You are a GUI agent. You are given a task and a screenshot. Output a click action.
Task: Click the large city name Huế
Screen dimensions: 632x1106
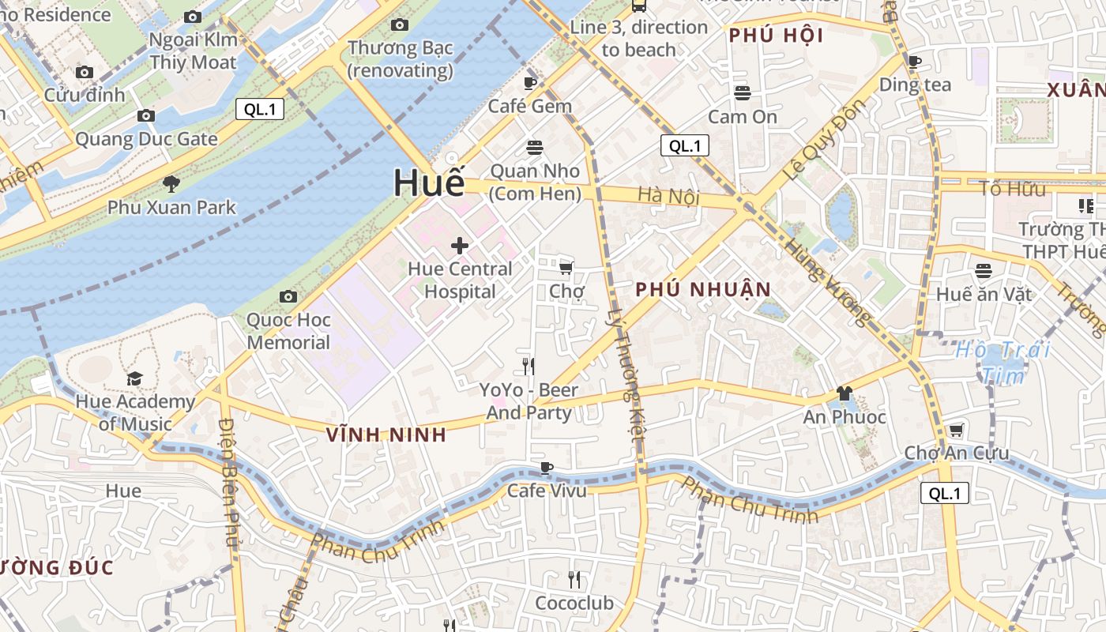[429, 182]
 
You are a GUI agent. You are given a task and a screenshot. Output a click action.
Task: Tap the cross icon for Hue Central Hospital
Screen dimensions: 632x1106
[460, 246]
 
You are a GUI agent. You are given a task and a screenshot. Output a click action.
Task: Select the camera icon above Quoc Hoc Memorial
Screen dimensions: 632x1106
[288, 297]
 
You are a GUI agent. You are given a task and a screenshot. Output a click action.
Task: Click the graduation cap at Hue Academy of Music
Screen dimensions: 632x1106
[134, 378]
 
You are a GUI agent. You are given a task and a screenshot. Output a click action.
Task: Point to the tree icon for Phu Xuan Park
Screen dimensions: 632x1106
[171, 185]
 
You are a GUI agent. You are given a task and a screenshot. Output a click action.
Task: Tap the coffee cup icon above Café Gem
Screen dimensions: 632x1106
[530, 82]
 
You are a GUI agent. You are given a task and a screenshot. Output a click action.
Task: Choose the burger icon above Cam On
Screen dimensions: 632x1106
[742, 93]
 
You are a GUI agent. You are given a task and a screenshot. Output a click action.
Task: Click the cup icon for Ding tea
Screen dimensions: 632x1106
[915, 62]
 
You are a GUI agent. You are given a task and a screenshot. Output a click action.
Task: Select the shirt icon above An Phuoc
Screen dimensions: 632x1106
[844, 393]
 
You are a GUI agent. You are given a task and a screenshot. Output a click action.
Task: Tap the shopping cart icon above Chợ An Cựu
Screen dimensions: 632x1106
[956, 430]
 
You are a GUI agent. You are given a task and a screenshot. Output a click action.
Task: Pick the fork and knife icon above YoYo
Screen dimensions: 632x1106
[529, 366]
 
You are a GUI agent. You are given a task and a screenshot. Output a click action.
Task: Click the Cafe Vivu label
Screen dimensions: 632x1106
[547, 491]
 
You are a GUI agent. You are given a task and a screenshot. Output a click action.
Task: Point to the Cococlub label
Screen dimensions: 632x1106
[574, 604]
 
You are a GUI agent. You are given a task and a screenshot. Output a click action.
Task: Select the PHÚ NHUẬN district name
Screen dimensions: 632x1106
[703, 289]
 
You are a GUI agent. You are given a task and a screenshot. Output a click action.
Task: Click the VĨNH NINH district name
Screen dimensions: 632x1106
[386, 434]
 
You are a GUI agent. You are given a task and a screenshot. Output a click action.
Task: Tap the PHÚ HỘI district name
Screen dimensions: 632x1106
[776, 36]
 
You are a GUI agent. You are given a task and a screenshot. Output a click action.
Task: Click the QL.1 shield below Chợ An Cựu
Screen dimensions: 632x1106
[944, 494]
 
